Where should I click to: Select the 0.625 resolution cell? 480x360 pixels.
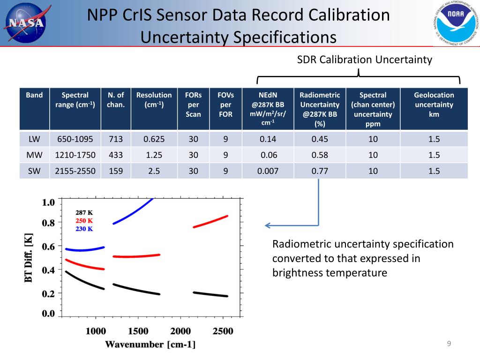pos(154,139)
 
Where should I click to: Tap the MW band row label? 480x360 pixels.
pos(34,155)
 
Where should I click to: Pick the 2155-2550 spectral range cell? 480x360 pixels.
pos(75,171)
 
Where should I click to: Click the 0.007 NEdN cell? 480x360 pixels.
pos(268,171)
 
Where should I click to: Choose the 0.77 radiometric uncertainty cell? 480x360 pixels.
pos(320,171)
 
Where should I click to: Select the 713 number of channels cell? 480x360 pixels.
pos(116,139)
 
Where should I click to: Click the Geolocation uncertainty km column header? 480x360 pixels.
pos(434,105)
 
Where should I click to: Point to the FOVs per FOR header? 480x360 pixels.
pos(225,105)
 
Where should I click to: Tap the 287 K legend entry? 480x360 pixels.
pos(84,212)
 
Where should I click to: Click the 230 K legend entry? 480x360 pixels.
pos(84,229)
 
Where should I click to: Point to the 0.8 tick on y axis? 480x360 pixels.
pos(49,223)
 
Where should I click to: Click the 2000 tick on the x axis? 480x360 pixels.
pos(180,331)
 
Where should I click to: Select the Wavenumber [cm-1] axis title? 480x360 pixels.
pos(150,345)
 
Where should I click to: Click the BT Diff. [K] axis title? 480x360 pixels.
pos(29,258)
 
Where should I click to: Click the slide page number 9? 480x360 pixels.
pos(449,345)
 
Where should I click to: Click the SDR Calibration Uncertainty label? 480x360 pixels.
pos(364,60)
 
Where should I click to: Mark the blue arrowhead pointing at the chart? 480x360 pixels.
pos(268,225)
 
